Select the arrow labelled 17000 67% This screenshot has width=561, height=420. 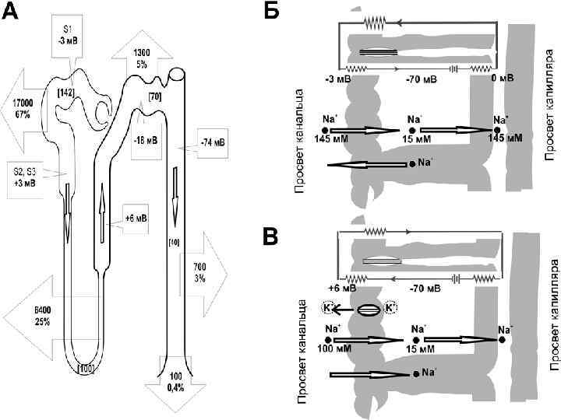click(23, 108)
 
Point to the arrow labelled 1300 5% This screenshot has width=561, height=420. click(142, 57)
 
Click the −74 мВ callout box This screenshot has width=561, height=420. click(208, 142)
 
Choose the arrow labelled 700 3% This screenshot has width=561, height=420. click(200, 272)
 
